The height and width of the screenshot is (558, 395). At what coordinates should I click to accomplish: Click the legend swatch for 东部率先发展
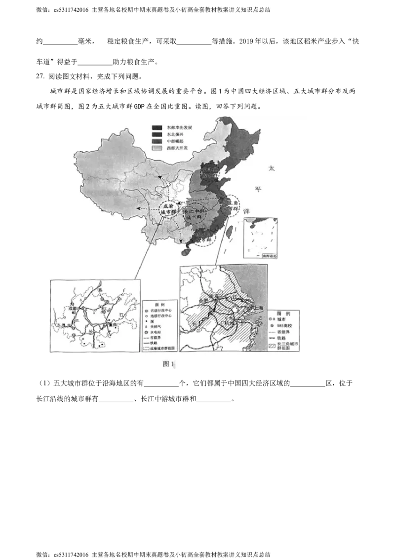pyautogui.click(x=158, y=127)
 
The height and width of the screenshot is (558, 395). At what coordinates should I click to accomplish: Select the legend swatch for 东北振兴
pyautogui.click(x=158, y=134)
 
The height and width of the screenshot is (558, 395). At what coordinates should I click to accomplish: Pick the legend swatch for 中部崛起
pyautogui.click(x=158, y=141)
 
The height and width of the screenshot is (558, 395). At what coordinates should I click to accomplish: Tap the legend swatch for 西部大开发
pyautogui.click(x=158, y=148)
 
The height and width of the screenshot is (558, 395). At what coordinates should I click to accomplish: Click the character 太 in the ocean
pyautogui.click(x=271, y=169)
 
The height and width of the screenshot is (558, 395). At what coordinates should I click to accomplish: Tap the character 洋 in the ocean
pyautogui.click(x=246, y=210)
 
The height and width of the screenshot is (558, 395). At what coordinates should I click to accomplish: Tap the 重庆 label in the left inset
pyautogui.click(x=113, y=325)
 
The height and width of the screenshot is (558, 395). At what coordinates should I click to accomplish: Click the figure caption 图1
pyautogui.click(x=169, y=364)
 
